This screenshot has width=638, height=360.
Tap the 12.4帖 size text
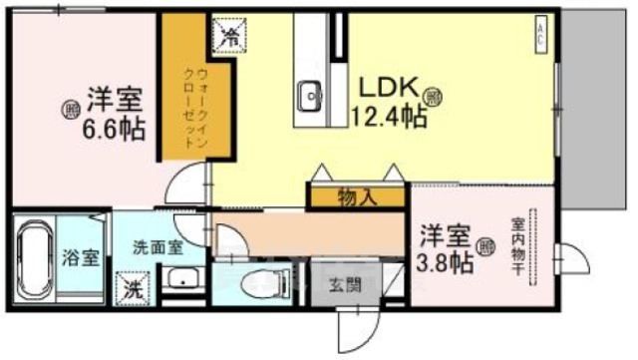[388, 118]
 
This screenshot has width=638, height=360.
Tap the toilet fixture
[244, 280]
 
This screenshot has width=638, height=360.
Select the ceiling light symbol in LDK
[434, 97]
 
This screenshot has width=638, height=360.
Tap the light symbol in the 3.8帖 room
[485, 245]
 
